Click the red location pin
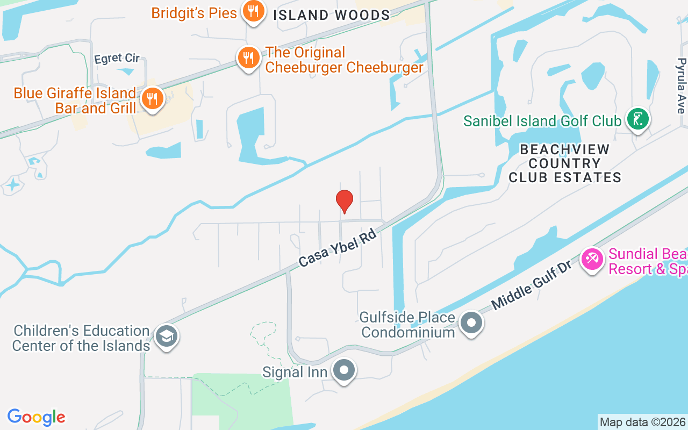(x=345, y=201)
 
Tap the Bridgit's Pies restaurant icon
(x=252, y=11)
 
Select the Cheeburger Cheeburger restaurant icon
(x=248, y=57)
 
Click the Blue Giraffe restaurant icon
(x=153, y=99)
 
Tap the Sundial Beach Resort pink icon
(x=592, y=260)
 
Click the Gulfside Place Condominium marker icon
(x=472, y=323)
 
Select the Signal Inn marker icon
(x=344, y=370)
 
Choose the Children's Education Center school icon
(x=166, y=336)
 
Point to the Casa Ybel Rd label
(x=337, y=249)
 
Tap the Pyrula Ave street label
(x=681, y=85)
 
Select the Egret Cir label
(x=117, y=58)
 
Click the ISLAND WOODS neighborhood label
(x=331, y=15)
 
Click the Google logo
(x=37, y=417)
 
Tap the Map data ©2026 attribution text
(x=643, y=422)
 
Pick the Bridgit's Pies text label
(x=194, y=13)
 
